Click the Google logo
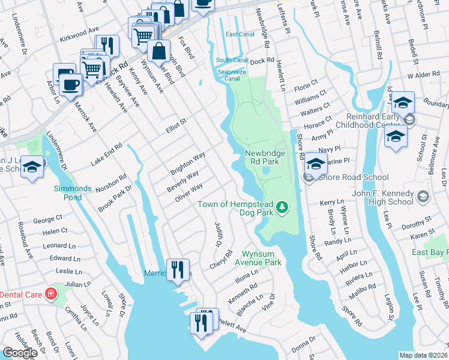[x=20, y=353]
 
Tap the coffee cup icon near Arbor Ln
[x=71, y=85]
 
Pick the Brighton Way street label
[x=188, y=163]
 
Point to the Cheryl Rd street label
[x=220, y=261]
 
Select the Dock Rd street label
[x=262, y=61]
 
